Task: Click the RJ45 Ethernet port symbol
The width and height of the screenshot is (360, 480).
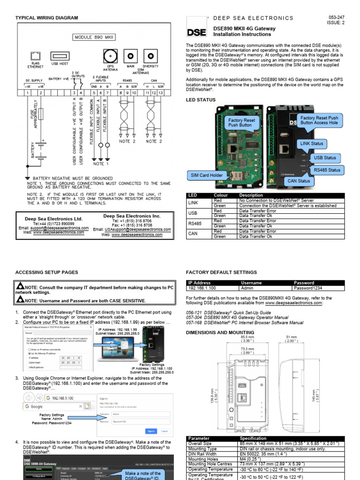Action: click(x=35, y=56)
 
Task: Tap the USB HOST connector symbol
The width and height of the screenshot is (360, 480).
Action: click(x=60, y=56)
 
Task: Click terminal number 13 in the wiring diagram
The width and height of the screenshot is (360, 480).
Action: click(x=161, y=93)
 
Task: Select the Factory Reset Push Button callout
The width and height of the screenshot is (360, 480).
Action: click(x=242, y=123)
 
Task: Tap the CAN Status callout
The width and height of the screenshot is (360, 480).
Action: click(x=299, y=180)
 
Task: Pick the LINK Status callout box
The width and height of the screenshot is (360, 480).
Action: click(x=311, y=143)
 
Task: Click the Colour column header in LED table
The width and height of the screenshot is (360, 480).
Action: click(x=221, y=195)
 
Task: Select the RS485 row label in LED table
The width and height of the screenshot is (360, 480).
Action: click(x=195, y=224)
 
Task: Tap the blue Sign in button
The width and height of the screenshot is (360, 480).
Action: click(x=151, y=431)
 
